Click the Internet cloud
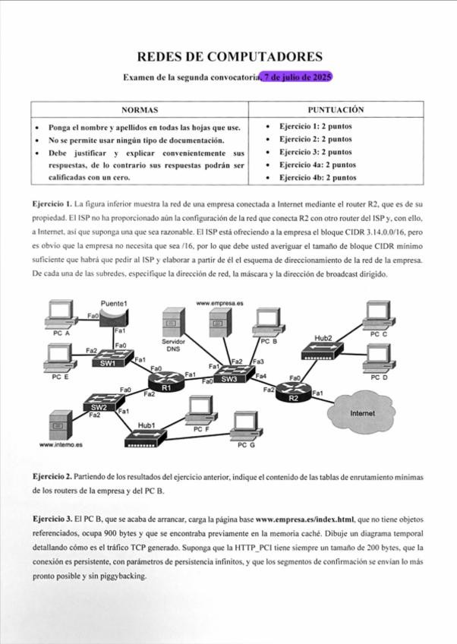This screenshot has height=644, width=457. (361, 412)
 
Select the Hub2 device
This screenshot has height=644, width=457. (323, 350)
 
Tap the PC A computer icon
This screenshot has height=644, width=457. (59, 314)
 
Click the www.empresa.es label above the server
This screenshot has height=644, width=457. (219, 303)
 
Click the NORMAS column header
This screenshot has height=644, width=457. (140, 111)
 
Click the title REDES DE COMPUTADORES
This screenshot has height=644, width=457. (229, 57)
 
